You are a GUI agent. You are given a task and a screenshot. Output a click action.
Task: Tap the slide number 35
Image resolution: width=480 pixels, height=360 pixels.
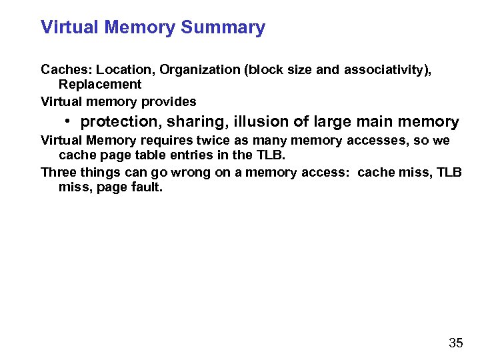click(x=456, y=343)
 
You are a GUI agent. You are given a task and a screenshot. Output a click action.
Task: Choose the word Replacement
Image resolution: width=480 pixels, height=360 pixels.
click(x=100, y=85)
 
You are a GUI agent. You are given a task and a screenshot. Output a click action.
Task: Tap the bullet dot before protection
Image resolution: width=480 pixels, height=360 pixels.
click(x=69, y=121)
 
